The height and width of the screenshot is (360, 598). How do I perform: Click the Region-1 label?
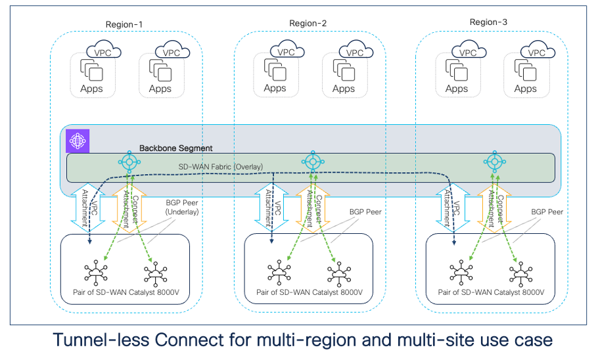(x=124, y=25)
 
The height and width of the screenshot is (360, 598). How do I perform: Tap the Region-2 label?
(x=308, y=24)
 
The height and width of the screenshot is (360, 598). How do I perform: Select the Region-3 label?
(x=489, y=22)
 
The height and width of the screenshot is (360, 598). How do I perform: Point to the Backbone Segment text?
(x=175, y=149)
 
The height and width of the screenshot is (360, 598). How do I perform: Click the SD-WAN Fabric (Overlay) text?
(x=221, y=167)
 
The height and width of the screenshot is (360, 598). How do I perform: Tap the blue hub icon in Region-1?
(x=130, y=162)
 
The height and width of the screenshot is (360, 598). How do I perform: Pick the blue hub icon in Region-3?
(x=494, y=162)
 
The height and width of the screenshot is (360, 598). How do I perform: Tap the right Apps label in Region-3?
(x=525, y=89)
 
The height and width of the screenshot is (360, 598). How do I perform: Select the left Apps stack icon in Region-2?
(x=275, y=70)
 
